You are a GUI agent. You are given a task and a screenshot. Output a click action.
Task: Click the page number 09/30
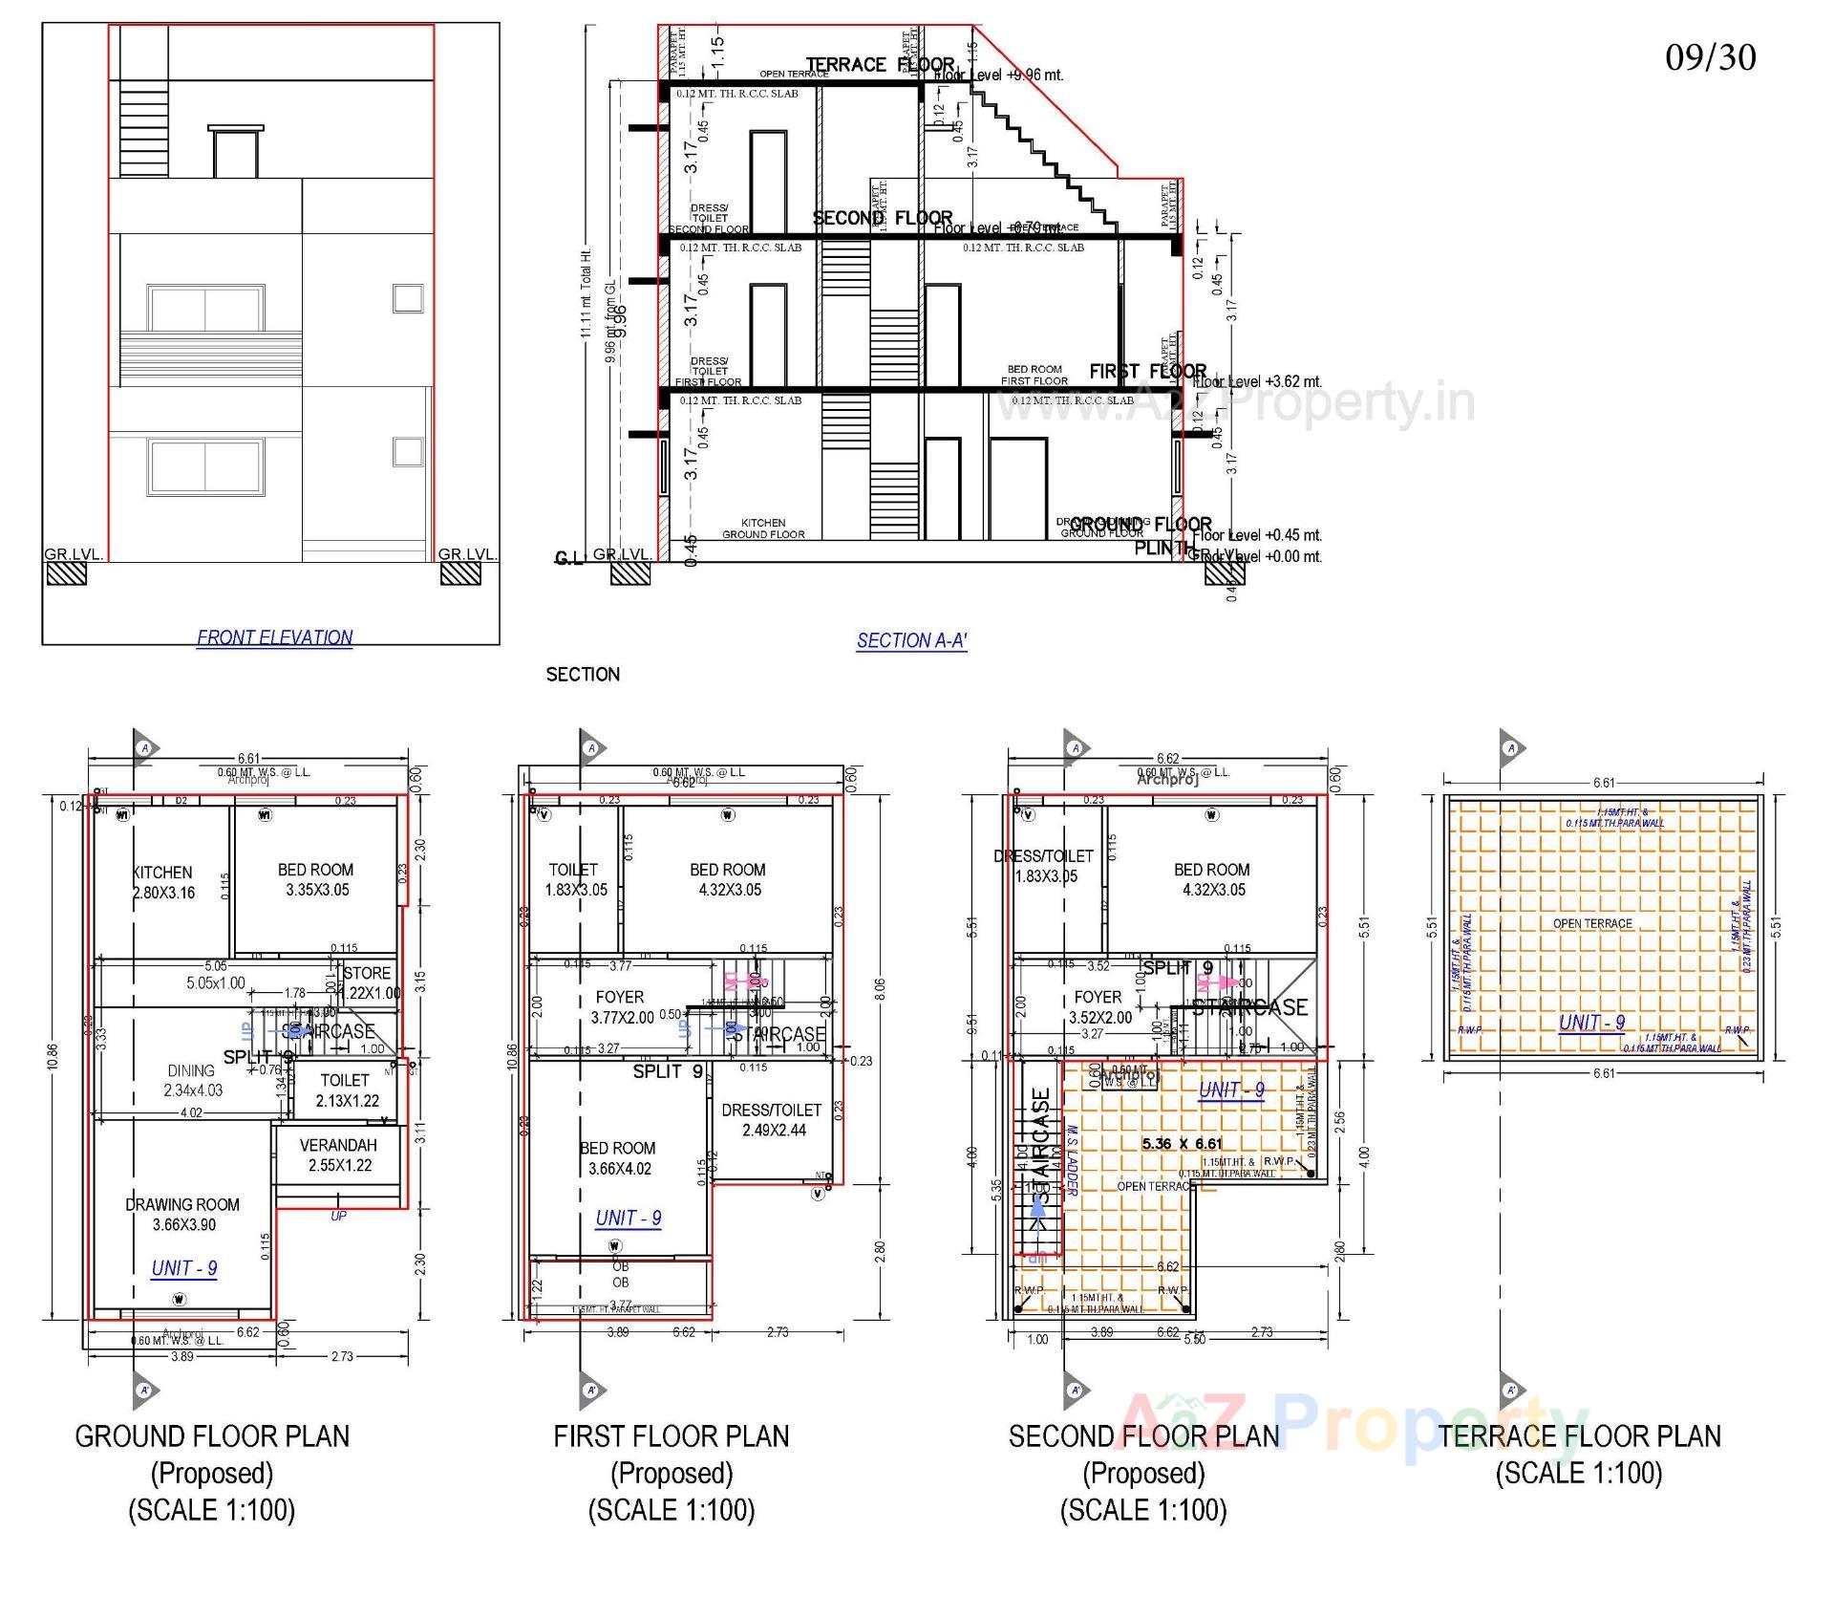click(x=1710, y=57)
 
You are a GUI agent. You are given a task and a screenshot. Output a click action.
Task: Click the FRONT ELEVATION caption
click(x=274, y=637)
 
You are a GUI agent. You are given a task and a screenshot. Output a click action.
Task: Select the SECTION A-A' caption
click(x=911, y=641)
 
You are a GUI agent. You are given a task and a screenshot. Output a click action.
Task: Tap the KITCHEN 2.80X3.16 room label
click(x=162, y=883)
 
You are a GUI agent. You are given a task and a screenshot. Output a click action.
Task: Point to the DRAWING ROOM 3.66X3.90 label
click(x=182, y=1215)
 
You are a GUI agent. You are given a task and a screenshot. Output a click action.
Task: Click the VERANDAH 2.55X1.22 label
click(x=339, y=1155)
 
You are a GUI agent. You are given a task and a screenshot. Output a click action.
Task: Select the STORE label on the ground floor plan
click(x=368, y=973)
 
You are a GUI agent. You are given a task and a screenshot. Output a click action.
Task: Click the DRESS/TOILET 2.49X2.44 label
click(x=771, y=1120)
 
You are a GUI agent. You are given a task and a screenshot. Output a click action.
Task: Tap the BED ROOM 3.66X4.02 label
click(x=618, y=1158)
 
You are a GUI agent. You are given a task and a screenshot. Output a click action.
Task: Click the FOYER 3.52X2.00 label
click(x=1098, y=1007)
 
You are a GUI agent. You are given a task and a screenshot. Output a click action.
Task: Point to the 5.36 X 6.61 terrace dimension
click(x=1182, y=1144)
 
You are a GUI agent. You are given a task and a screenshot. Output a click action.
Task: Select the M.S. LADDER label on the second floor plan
click(x=1072, y=1159)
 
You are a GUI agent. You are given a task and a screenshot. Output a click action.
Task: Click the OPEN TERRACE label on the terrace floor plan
click(x=1591, y=923)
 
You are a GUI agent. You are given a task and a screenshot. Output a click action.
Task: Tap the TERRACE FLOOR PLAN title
click(x=1579, y=1436)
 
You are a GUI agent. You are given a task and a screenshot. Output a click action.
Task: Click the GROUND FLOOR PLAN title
click(x=212, y=1436)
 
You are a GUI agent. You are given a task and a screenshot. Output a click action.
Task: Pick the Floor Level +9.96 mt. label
click(x=999, y=75)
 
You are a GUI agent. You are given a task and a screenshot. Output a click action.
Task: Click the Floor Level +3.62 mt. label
click(x=1259, y=381)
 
